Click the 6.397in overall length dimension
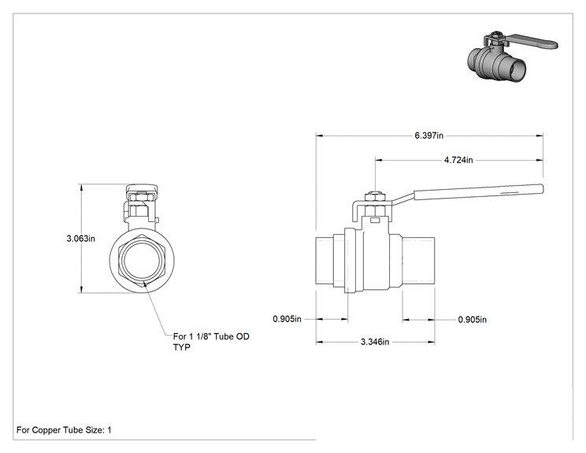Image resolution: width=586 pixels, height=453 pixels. pyautogui.click(x=429, y=136)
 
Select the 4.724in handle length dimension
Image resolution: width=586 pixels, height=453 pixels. pyautogui.click(x=458, y=160)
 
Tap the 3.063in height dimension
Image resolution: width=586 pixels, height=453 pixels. pyautogui.click(x=80, y=238)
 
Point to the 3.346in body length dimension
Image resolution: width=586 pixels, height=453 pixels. pyautogui.click(x=375, y=342)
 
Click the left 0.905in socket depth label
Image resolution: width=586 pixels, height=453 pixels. pyautogui.click(x=287, y=319)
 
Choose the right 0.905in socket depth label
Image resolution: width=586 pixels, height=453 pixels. pyautogui.click(x=473, y=320)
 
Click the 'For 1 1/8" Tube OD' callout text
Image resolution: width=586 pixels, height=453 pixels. pyautogui.click(x=211, y=336)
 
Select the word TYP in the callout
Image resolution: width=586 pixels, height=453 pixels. pyautogui.click(x=182, y=347)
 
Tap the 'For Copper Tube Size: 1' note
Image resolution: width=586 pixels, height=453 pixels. pyautogui.click(x=64, y=430)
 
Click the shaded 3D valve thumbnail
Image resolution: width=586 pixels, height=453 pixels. pyautogui.click(x=513, y=56)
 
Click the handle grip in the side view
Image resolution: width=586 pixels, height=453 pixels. pyautogui.click(x=478, y=191)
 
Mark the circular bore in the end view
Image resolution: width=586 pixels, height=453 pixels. pyautogui.click(x=142, y=261)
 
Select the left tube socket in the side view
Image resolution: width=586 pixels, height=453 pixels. pyautogui.click(x=325, y=261)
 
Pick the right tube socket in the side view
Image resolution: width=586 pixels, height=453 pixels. pyautogui.click(x=418, y=261)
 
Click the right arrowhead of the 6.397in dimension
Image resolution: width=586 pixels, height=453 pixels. pyautogui.click(x=540, y=136)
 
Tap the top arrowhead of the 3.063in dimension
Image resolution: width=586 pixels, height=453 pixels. pyautogui.click(x=81, y=188)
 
